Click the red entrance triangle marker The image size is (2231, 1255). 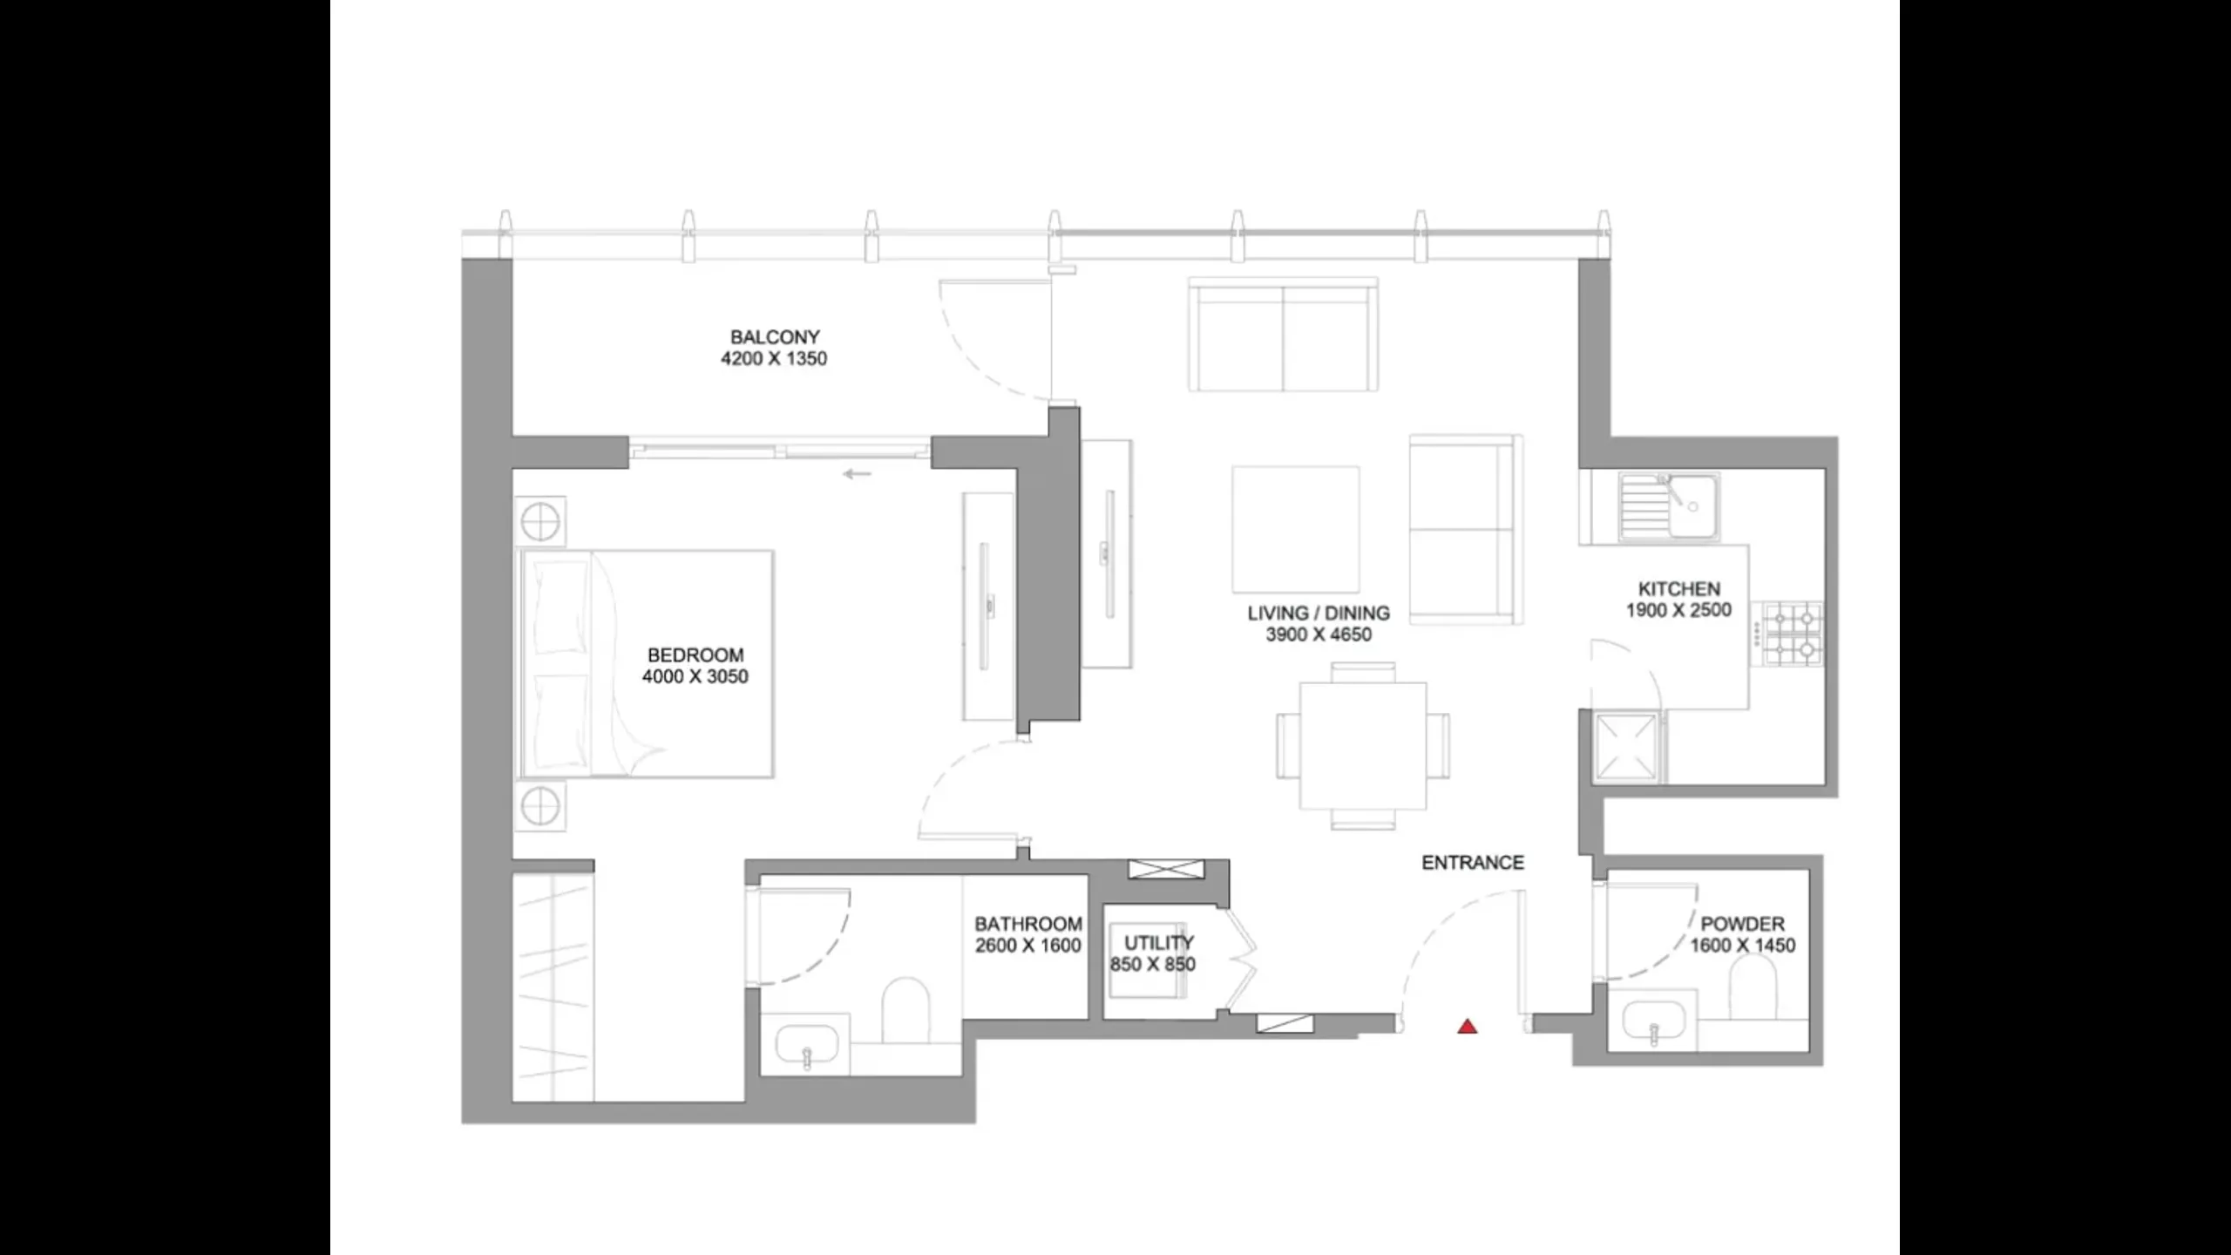coord(1468,1027)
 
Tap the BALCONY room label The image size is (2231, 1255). coord(775,336)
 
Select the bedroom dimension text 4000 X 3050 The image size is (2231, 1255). coord(695,677)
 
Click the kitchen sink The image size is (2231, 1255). coord(1667,505)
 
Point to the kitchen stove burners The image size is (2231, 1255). coord(1793,634)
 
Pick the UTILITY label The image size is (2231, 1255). coord(1158,943)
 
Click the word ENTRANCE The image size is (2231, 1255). coord(1473,863)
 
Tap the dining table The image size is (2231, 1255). coord(1363,746)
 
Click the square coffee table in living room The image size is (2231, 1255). coord(1295,529)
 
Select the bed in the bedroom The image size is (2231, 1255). coord(646,663)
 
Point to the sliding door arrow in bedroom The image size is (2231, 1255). coord(858,474)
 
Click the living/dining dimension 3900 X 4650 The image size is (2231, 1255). coord(1319,635)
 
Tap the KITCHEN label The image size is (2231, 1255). coord(1678,589)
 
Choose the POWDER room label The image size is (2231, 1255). coord(1742,924)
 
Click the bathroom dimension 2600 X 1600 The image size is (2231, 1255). coord(1028,946)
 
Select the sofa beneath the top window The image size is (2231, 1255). coord(1283,335)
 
